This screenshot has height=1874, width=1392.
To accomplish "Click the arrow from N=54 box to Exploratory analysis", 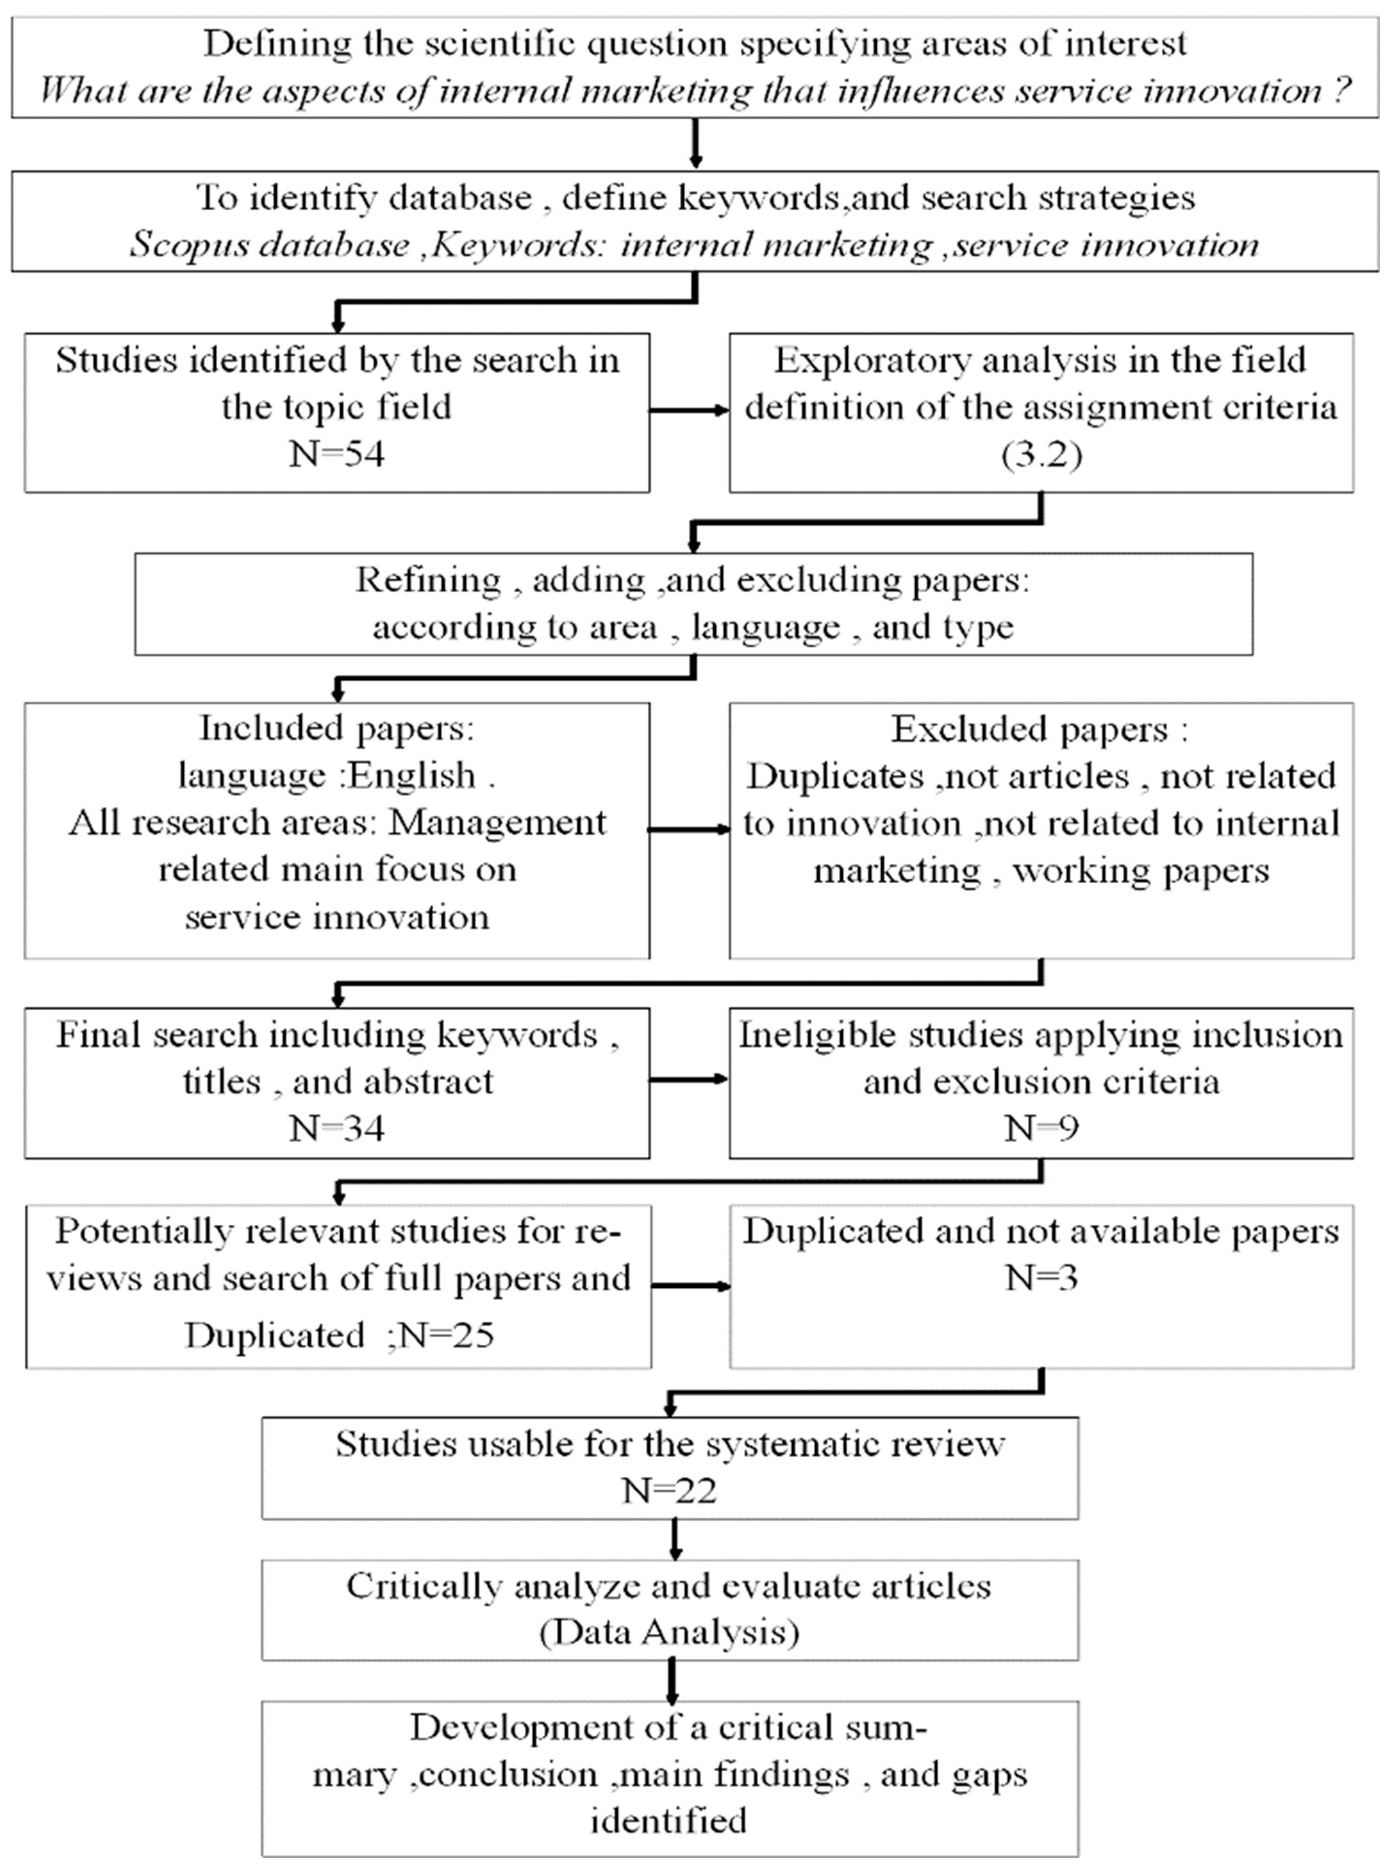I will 688,410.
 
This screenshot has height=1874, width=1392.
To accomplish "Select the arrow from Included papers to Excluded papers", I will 688,830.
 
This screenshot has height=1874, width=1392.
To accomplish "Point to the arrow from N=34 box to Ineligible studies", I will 688,1079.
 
